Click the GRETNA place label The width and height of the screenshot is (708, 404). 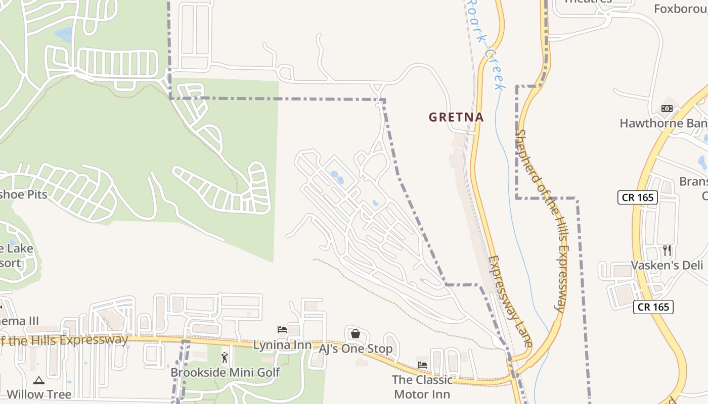tap(456, 117)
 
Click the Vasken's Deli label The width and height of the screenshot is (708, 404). tap(667, 266)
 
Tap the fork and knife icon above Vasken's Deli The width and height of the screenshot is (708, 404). tap(667, 250)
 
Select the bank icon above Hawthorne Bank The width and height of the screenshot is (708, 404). tap(667, 109)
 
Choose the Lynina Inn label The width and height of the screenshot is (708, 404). tap(282, 345)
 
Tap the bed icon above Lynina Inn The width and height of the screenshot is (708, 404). tap(282, 330)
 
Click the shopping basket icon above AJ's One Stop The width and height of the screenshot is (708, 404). tap(356, 334)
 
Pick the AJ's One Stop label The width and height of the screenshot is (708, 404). tap(356, 349)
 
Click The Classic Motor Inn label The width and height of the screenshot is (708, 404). tap(422, 387)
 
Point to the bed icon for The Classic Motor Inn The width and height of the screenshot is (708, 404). tap(422, 365)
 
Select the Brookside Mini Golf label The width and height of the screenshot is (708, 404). tap(225, 373)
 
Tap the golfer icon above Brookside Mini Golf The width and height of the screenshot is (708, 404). tap(225, 358)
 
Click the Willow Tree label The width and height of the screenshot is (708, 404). tap(39, 394)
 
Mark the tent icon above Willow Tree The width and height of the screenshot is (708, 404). tap(39, 380)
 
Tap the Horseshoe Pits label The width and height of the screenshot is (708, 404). tap(24, 195)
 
